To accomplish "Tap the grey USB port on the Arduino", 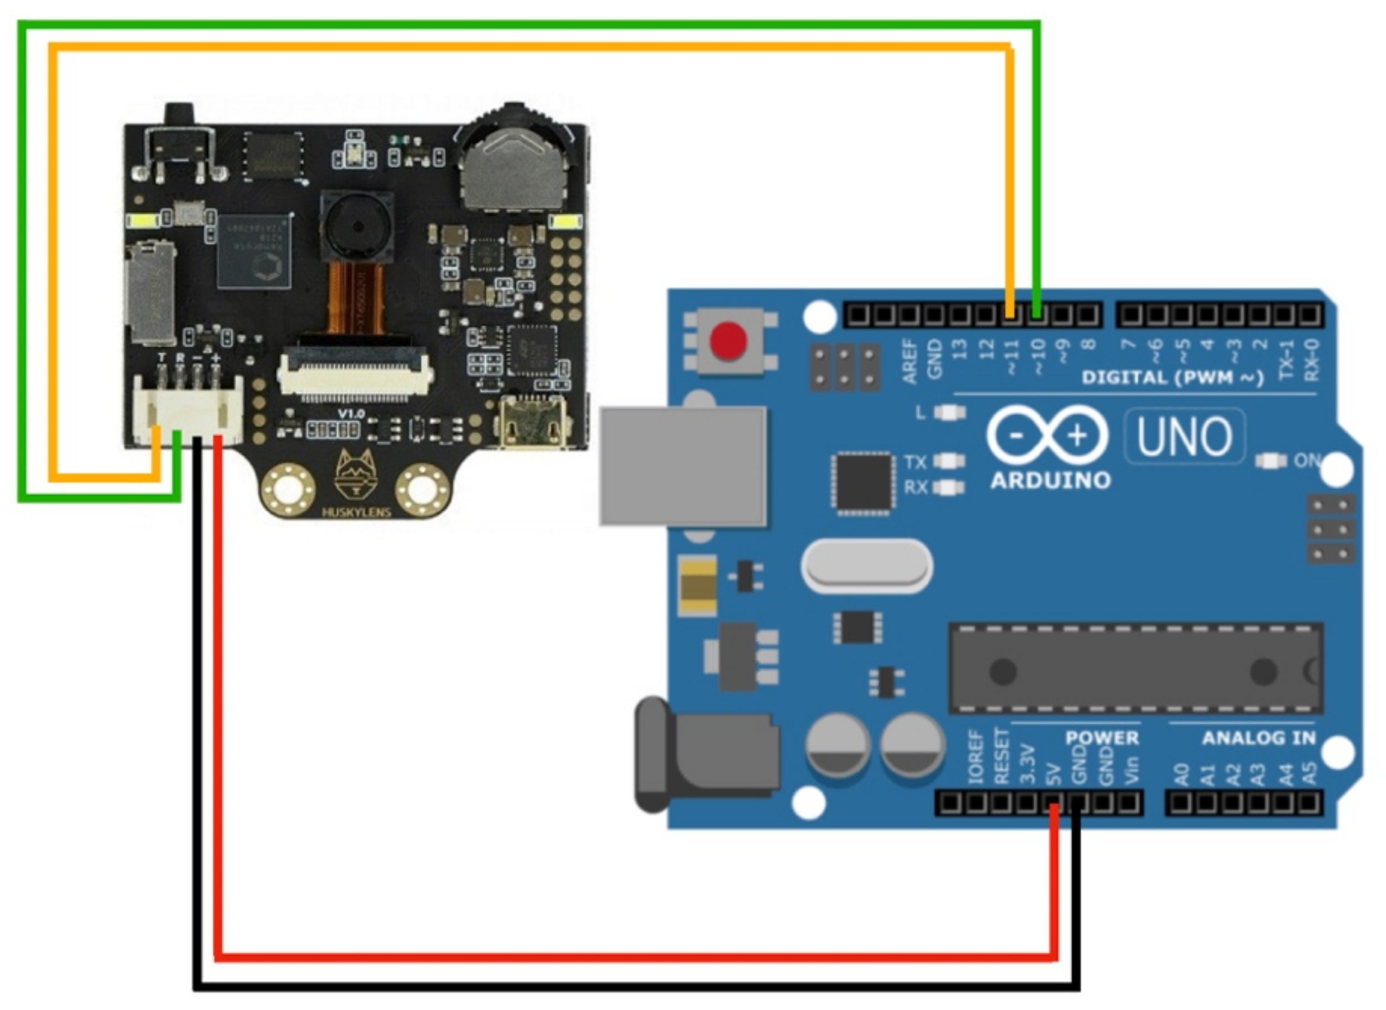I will click(x=682, y=466).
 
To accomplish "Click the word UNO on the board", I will click(x=1184, y=437).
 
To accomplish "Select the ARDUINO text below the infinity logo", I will click(x=1050, y=481).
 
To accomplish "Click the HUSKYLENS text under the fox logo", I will click(x=356, y=512).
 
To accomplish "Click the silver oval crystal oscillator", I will click(x=867, y=566).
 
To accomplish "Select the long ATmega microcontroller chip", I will click(x=1135, y=669).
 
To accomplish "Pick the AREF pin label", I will click(x=910, y=362).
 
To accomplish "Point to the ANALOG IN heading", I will click(x=1258, y=738).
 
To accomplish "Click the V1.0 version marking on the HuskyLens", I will click(x=351, y=414).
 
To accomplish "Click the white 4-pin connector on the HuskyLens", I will click(x=188, y=412).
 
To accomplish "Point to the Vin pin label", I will click(x=1132, y=770).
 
